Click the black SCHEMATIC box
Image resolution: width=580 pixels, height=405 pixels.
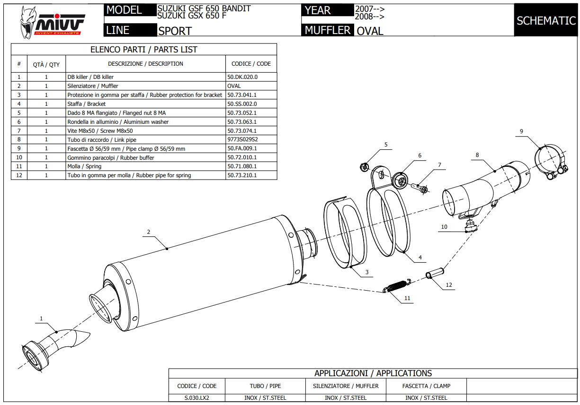[546, 20]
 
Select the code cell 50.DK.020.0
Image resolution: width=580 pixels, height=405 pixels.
[242, 77]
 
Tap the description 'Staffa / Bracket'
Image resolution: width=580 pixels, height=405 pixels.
[87, 104]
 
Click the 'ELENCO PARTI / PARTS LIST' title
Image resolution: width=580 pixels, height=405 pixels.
[143, 50]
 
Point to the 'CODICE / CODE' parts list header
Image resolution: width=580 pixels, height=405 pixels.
[251, 64]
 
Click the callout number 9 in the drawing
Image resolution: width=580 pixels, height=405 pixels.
[521, 131]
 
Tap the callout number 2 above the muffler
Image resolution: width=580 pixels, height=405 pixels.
[148, 232]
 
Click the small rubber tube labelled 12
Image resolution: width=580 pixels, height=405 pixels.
[436, 274]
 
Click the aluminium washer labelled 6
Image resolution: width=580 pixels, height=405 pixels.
[401, 180]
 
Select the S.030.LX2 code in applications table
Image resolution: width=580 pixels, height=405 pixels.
[196, 398]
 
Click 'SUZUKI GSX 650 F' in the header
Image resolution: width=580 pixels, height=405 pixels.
[191, 16]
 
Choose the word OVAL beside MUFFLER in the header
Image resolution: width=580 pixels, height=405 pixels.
[370, 31]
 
